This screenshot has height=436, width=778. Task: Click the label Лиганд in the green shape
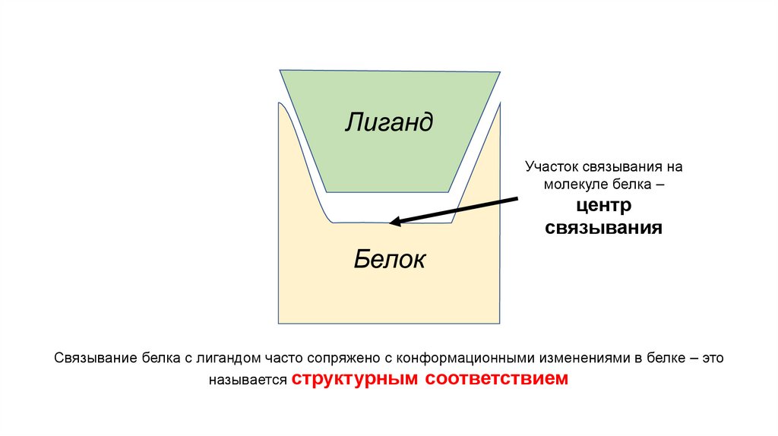[389, 122]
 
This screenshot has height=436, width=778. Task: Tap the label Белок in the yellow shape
[389, 260]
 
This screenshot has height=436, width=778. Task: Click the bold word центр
[603, 205]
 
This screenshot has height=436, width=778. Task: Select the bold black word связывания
[603, 227]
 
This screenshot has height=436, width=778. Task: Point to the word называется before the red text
[249, 379]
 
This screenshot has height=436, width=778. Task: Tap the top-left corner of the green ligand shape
[280, 70]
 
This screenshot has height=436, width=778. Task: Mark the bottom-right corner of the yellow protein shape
[501, 323]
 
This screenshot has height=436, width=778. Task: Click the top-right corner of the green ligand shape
[500, 72]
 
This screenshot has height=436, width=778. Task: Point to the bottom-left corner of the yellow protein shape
[278, 323]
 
